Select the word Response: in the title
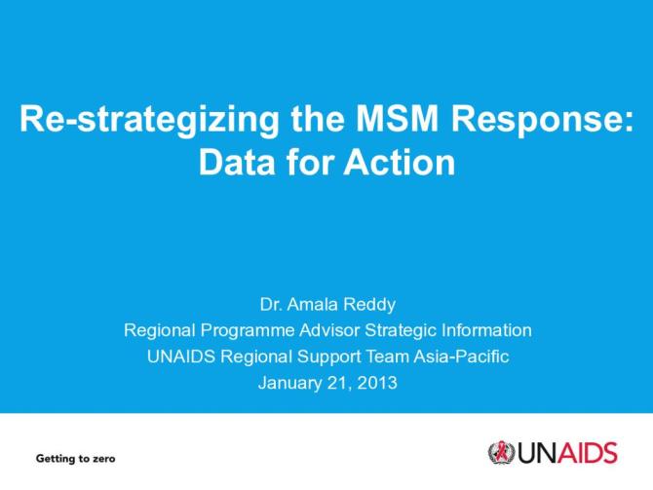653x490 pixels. click(546, 121)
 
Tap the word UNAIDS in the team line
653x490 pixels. click(178, 357)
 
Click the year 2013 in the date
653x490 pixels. click(376, 383)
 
